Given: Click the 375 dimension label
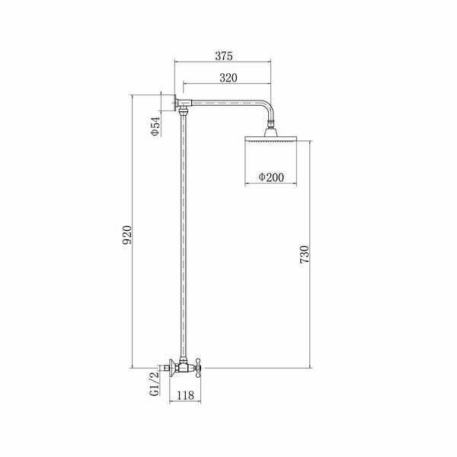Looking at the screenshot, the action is tap(224, 56).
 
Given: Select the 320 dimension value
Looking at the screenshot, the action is tap(228, 78).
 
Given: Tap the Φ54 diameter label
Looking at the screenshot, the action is tap(155, 126).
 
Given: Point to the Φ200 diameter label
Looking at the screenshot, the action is tap(271, 177).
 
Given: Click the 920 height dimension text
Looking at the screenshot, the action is tap(127, 235).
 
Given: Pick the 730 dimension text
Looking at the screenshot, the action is tap(304, 254).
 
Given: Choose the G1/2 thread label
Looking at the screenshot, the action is tap(155, 384).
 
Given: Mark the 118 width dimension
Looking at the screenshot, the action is tap(185, 395).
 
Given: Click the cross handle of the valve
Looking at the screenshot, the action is tap(198, 368).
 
